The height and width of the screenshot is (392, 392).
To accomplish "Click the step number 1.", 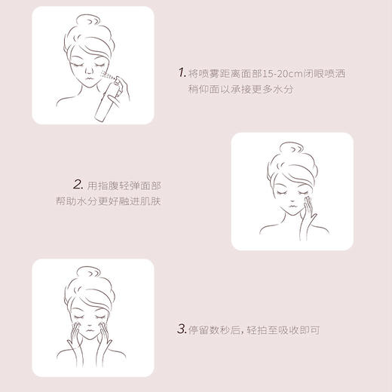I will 182,72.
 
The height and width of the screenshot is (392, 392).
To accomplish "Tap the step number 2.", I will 78,184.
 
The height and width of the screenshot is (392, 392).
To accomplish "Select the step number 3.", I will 182,328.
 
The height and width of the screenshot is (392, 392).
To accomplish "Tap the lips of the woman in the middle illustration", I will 291,213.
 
